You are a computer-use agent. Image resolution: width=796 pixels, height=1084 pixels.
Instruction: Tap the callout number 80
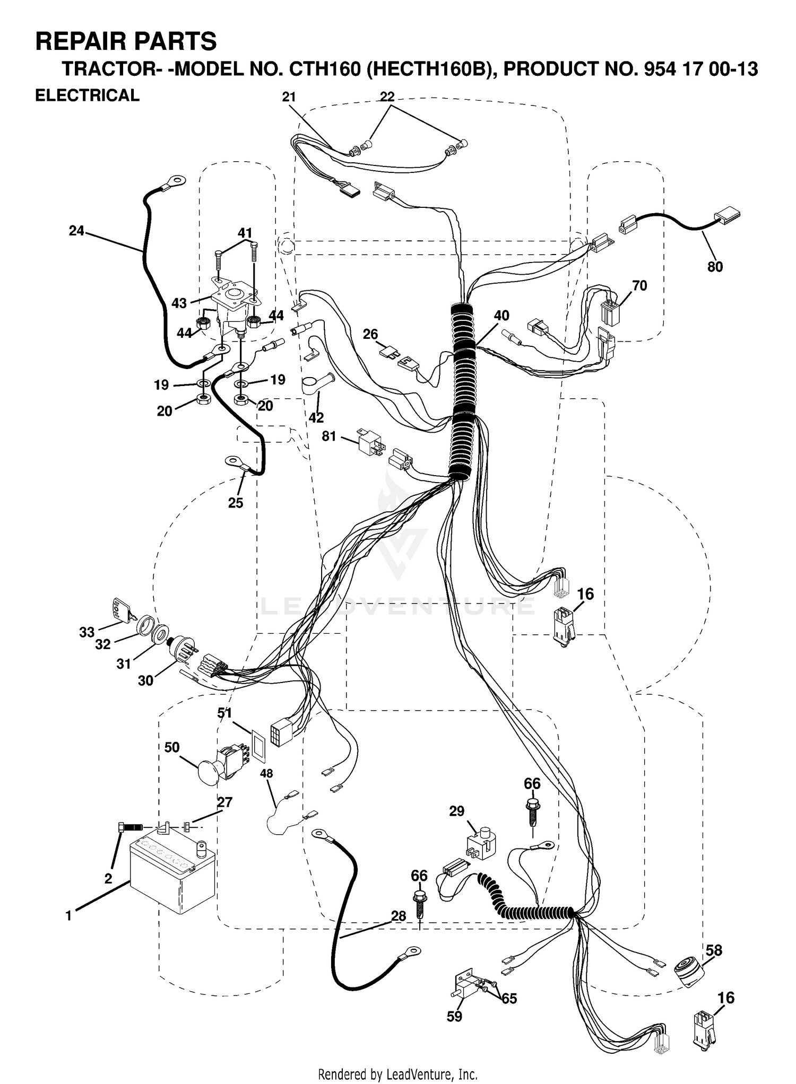[x=715, y=267]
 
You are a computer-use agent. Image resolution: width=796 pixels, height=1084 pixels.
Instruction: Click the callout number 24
[x=76, y=231]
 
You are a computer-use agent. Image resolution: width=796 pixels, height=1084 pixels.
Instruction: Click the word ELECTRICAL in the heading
[x=87, y=95]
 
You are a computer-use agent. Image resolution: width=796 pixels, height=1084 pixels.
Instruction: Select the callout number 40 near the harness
[x=501, y=316]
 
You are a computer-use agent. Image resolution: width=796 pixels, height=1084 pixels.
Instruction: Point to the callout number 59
[x=454, y=1016]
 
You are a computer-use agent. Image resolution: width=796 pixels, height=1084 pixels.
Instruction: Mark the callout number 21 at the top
[x=289, y=97]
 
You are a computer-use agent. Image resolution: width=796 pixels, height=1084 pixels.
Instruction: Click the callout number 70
[x=639, y=286]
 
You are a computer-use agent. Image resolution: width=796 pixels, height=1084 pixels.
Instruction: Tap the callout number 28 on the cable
[x=398, y=916]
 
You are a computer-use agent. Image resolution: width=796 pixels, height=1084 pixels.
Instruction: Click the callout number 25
[x=235, y=503]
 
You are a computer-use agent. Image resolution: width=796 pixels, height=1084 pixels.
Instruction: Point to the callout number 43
[x=179, y=303]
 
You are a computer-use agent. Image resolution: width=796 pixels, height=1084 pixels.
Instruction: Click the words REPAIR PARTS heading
[x=126, y=41]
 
